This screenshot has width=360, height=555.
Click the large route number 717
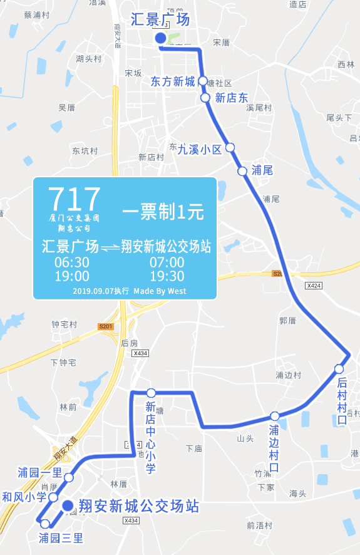click(74, 199)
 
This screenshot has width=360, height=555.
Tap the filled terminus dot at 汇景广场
click(160, 39)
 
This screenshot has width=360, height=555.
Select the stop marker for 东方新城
click(203, 81)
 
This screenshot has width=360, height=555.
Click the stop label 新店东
click(232, 98)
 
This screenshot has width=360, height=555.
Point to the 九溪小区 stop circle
click(230, 147)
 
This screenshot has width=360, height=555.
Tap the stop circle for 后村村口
click(339, 368)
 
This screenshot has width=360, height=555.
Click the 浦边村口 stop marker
click(275, 416)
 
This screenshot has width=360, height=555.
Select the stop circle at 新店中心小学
click(151, 393)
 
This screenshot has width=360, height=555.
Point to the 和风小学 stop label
click(24, 497)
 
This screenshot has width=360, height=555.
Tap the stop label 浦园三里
click(61, 538)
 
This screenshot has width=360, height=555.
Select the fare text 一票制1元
click(163, 212)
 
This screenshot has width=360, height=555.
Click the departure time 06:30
click(72, 262)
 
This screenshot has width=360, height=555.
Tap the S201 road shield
click(105, 326)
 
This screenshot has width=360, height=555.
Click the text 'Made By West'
click(160, 291)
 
